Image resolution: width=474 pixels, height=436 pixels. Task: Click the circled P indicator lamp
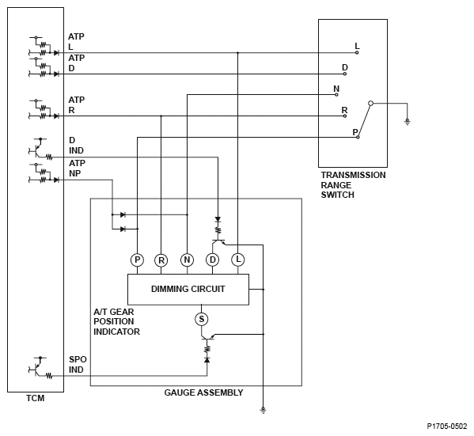tap(137, 260)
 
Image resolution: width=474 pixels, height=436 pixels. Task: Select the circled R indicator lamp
tap(161, 260)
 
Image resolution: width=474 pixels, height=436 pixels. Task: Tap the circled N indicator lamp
tap(187, 260)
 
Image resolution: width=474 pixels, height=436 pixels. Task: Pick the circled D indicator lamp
tap(213, 260)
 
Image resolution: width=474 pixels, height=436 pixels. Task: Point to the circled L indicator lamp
tap(238, 260)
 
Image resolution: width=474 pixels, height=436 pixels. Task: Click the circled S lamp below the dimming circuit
tap(201, 319)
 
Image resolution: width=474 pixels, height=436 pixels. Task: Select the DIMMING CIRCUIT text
tap(188, 289)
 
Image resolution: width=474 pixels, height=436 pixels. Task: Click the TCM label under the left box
tap(36, 398)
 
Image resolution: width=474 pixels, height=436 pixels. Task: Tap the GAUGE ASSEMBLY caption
tap(203, 392)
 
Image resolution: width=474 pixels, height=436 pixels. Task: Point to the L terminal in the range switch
tap(357, 52)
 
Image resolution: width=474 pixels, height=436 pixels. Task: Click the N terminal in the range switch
tap(336, 95)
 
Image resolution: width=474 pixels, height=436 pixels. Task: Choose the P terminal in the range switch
tap(358, 137)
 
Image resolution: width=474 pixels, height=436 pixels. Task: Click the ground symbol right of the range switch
tap(408, 122)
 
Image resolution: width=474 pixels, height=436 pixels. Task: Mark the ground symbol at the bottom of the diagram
tap(263, 411)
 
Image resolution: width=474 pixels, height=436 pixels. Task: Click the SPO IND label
tap(78, 365)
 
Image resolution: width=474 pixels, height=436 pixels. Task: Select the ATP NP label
tap(77, 169)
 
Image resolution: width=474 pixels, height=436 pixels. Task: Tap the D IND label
tap(76, 146)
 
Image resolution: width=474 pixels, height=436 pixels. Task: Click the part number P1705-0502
tap(447, 427)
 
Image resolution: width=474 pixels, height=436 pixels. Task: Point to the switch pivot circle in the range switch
tap(371, 104)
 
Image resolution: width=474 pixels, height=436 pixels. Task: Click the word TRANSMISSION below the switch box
tap(353, 175)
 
